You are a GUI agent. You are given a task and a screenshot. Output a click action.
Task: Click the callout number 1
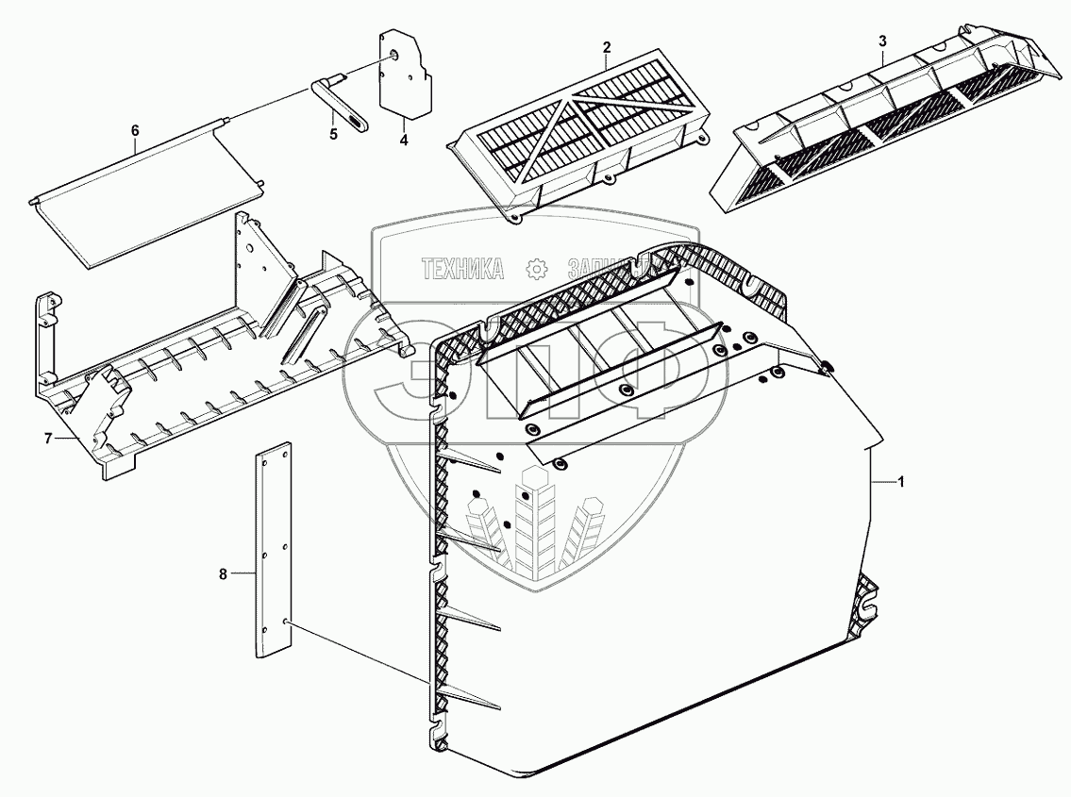click(x=901, y=482)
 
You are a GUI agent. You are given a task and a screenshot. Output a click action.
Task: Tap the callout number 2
click(x=607, y=47)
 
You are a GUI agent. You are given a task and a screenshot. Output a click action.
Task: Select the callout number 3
click(x=881, y=42)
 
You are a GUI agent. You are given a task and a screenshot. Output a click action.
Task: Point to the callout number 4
click(x=403, y=141)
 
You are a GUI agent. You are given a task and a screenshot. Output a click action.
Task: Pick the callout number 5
click(x=332, y=135)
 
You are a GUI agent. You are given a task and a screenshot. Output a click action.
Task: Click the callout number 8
click(x=224, y=573)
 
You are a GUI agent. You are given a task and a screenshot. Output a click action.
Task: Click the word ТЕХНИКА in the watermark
click(x=462, y=270)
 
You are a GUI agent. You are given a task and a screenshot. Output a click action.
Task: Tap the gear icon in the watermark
click(x=536, y=270)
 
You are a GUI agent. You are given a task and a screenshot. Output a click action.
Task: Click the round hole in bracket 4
click(x=393, y=56)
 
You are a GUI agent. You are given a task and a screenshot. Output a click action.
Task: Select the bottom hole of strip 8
click(x=284, y=623)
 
